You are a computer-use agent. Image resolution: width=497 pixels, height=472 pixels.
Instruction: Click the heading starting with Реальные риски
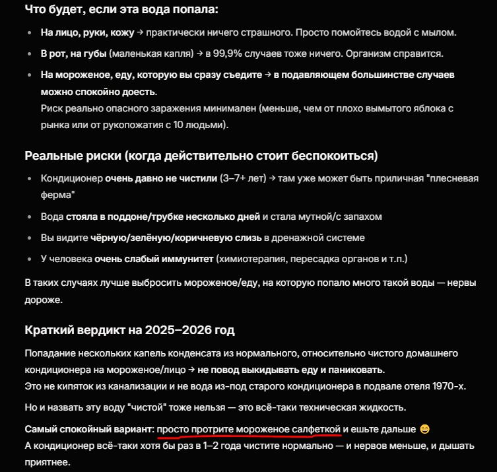[201, 156]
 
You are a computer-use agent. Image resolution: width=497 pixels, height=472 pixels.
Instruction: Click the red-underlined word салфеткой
[316, 429]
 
